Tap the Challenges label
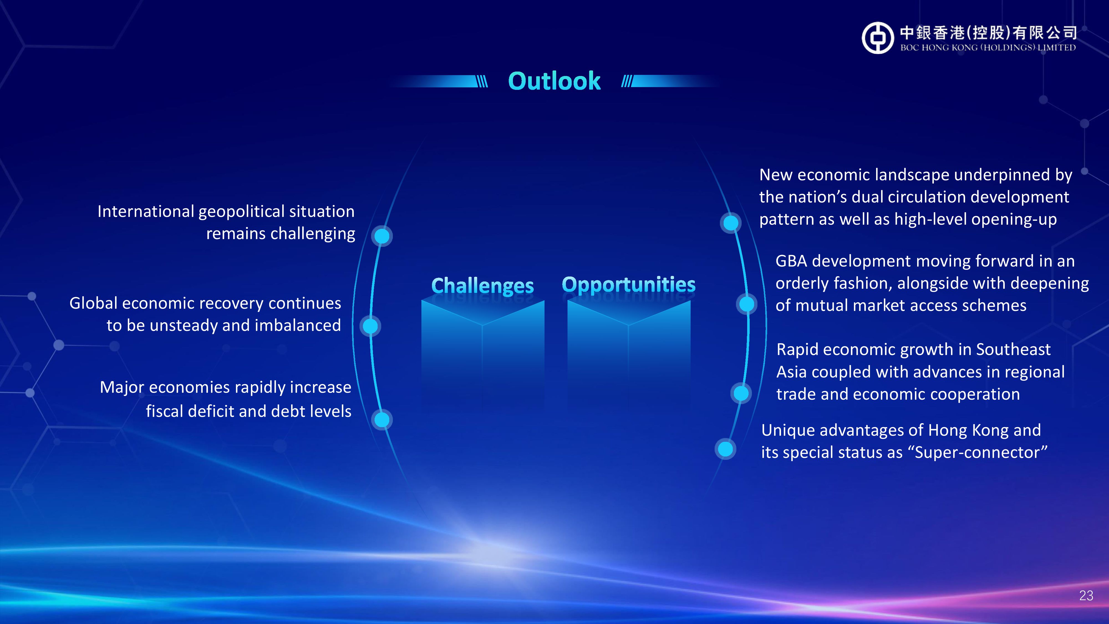(483, 286)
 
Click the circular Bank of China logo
(878, 38)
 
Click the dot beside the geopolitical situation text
(382, 236)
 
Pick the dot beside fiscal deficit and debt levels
(382, 419)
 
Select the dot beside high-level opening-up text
(731, 223)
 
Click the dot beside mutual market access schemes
(747, 304)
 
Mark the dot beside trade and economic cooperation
(741, 393)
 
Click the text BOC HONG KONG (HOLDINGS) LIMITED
(988, 47)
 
